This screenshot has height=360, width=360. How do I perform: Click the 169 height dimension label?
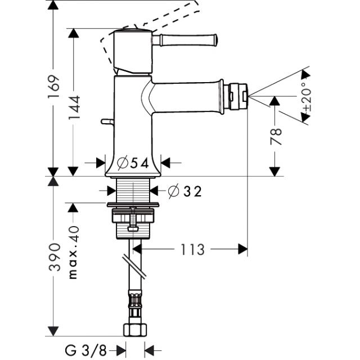pos(54,86)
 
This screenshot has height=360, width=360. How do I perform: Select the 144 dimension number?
pos(74,107)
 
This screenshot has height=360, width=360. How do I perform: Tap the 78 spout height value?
pos(276,137)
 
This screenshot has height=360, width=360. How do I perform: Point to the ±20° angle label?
pos(307,96)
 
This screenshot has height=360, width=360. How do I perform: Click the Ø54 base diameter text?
pos(133,163)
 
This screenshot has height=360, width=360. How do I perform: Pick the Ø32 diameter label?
pos(185,191)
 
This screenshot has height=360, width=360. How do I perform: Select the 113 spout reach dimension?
pos(192,249)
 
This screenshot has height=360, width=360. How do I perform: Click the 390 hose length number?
pos(55,257)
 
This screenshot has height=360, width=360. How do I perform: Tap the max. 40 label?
pos(74,253)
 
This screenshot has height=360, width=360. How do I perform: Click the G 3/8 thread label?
pos(86,350)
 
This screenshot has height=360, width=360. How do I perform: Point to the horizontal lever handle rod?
pos(184,40)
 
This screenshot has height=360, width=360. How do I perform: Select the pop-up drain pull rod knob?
pos(107,121)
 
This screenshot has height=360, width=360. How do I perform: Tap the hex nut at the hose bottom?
pos(135,330)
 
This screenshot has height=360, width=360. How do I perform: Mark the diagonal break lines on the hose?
pos(134,266)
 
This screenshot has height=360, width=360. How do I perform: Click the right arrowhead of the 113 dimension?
pos(243,249)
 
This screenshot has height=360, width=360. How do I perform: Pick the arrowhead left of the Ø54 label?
pos(101,163)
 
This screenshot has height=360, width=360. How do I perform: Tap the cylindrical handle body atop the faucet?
pos(133,52)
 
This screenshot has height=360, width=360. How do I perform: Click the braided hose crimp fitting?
pos(135,299)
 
